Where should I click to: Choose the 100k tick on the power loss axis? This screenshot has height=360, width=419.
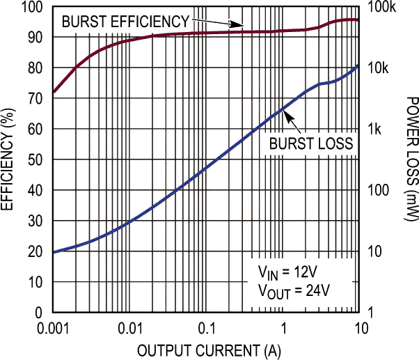pyautogui.click(x=381, y=7)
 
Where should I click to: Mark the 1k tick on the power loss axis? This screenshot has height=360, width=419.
pyautogui.click(x=374, y=130)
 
